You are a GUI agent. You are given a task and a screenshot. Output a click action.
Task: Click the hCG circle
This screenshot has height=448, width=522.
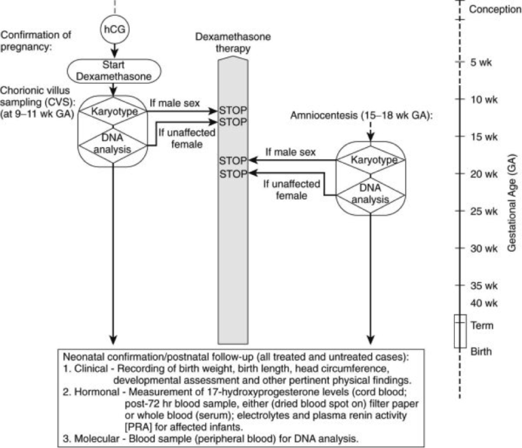(x=114, y=29)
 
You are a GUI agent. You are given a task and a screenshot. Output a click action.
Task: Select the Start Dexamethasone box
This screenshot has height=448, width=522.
(x=114, y=71)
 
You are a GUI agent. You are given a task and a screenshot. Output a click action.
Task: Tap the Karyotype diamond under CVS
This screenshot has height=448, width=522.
(x=114, y=112)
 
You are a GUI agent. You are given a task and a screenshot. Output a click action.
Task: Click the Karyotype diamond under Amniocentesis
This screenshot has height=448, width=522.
(x=371, y=160)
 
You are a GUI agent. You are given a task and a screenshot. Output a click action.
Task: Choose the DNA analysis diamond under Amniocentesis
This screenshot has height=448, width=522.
(x=370, y=194)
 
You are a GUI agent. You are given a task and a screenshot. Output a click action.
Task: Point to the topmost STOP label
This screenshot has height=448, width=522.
(x=233, y=110)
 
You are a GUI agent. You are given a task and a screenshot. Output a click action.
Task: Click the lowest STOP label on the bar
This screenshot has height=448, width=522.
(x=233, y=174)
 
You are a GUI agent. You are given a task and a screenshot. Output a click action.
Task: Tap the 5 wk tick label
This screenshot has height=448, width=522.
(x=481, y=63)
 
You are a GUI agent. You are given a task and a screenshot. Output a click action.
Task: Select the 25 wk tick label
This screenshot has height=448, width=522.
(x=484, y=211)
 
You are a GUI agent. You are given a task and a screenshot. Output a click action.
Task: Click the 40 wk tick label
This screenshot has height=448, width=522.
(x=484, y=303)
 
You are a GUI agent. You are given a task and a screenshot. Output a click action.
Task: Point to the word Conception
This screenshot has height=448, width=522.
(x=495, y=10)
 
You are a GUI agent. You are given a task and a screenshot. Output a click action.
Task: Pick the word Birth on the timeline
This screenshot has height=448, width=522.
(x=481, y=351)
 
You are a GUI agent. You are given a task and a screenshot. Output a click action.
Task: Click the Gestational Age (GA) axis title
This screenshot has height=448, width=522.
(x=512, y=204)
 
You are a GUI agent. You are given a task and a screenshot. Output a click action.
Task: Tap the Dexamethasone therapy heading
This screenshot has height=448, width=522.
(x=232, y=42)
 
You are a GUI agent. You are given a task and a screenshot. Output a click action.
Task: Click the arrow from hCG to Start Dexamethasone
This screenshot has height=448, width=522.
(x=114, y=51)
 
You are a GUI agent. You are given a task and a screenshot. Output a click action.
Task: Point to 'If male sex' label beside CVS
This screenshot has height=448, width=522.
(x=175, y=103)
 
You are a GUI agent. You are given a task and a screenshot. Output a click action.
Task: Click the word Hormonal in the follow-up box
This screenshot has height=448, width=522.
(x=97, y=391)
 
